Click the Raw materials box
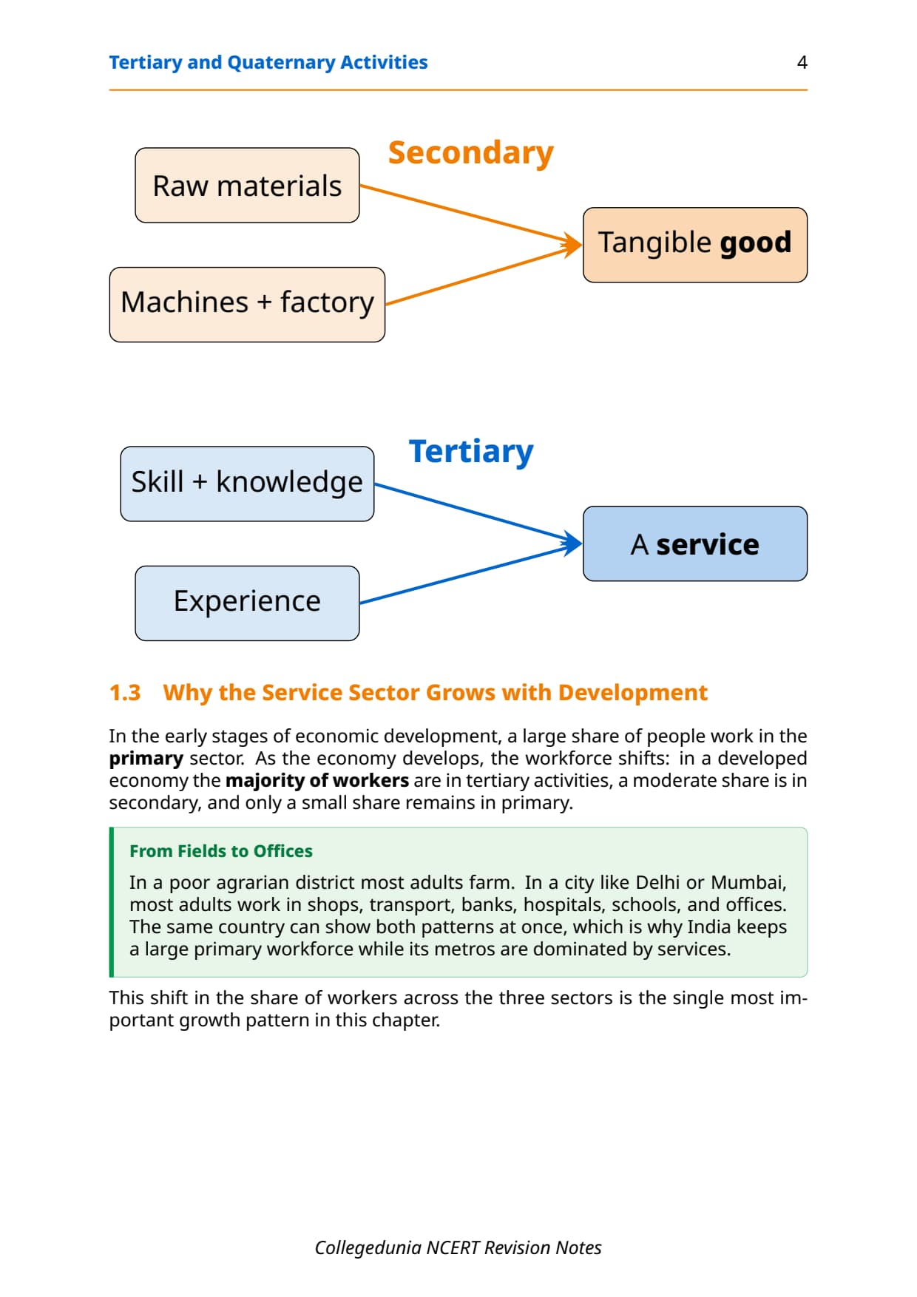pos(247,186)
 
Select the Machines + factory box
pos(247,305)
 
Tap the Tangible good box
pos(695,245)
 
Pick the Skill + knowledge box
pos(247,484)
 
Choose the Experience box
pos(247,603)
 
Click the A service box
pos(695,543)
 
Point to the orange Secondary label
pos(471,153)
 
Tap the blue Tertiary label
pos(471,452)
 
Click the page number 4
pos(802,62)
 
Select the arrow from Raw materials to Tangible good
pos(471,215)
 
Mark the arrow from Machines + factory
pos(484,274)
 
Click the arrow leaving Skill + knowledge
pos(478,514)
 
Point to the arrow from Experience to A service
pos(471,574)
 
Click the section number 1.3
pos(125,692)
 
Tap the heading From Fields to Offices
pos(221,851)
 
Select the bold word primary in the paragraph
pos(146,759)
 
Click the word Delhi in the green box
pos(657,882)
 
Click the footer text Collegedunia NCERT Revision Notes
pos(458,1247)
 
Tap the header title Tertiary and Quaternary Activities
pos(268,62)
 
